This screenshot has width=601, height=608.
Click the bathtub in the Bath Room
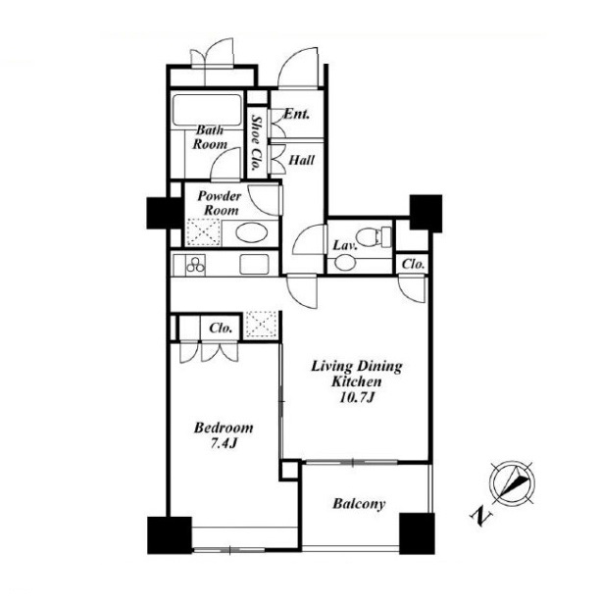[x=207, y=110]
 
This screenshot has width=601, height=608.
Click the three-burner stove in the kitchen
[x=195, y=265]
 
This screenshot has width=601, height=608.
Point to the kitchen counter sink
[x=254, y=265]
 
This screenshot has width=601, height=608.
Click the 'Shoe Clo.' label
[x=256, y=143]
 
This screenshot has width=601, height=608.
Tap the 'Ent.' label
[x=297, y=114]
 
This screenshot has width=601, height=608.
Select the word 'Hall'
[x=302, y=160]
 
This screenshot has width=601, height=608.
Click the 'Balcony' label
[x=359, y=504]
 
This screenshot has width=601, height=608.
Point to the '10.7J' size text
[x=356, y=397]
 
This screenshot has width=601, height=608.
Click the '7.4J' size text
[x=224, y=443]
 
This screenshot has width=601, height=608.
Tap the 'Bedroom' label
[x=224, y=428]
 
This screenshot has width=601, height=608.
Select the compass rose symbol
[x=513, y=483]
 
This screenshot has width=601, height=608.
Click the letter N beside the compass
[x=480, y=516]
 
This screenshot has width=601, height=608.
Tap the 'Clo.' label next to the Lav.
[x=413, y=265]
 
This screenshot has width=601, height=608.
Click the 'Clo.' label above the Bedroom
[x=221, y=329]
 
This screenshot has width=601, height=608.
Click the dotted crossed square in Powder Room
[x=204, y=232]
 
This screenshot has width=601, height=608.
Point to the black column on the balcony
[x=417, y=533]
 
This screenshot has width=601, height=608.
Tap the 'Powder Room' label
[x=220, y=203]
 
